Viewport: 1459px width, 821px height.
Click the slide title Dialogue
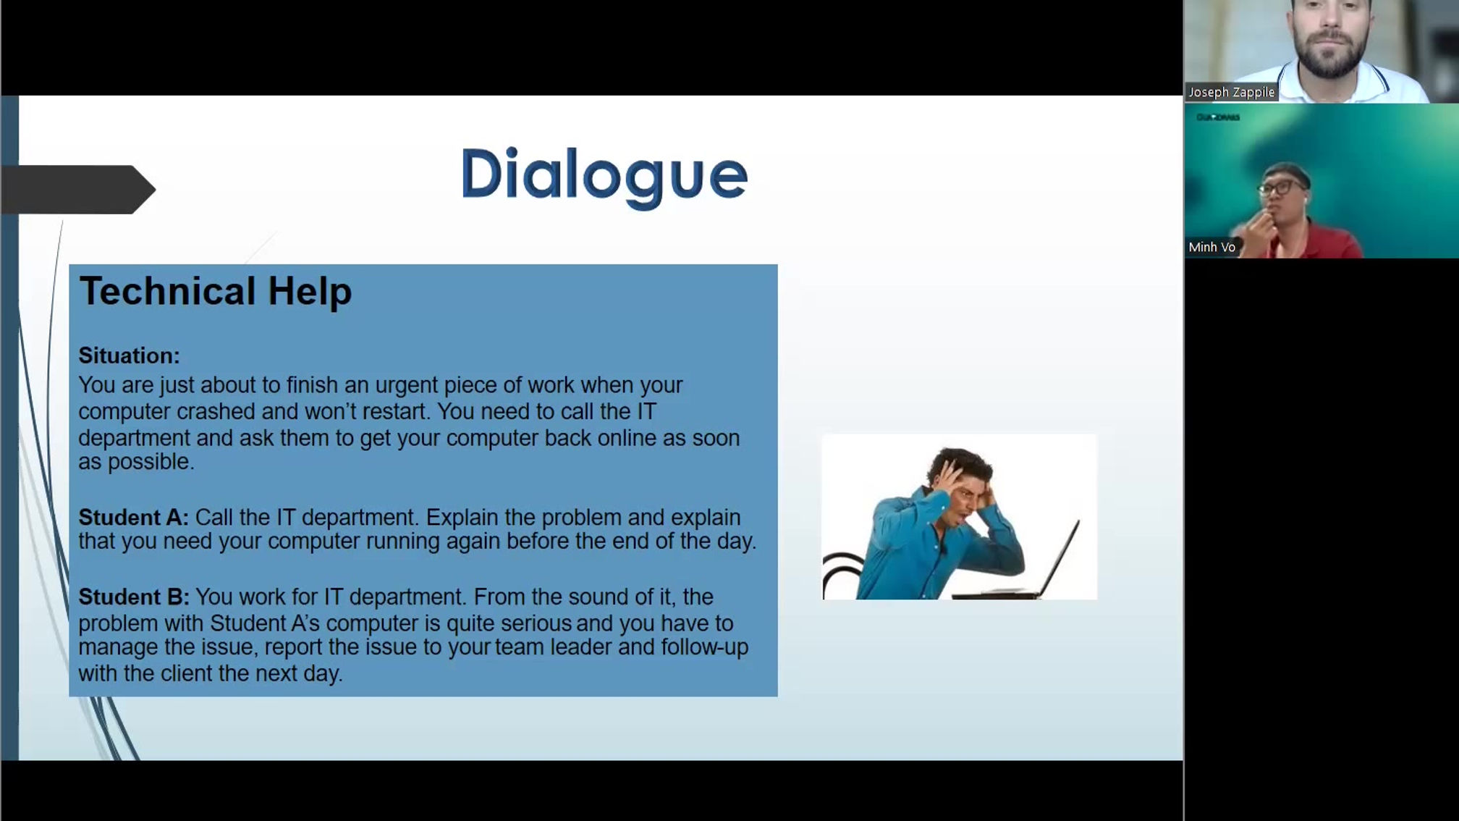pyautogui.click(x=604, y=174)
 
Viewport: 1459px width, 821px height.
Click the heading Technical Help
pyautogui.click(x=216, y=291)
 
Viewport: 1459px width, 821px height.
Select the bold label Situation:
pyautogui.click(x=129, y=355)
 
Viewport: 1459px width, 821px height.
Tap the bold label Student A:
pyautogui.click(x=133, y=517)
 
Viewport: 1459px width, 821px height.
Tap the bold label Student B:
pyautogui.click(x=134, y=597)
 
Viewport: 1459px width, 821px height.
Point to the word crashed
pyautogui.click(x=216, y=411)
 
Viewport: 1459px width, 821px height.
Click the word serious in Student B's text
pyautogui.click(x=536, y=623)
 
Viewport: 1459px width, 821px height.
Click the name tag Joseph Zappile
pyautogui.click(x=1231, y=92)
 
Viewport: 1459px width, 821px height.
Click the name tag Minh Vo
pyautogui.click(x=1211, y=247)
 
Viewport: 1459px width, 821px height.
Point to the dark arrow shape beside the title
pyautogui.click(x=80, y=190)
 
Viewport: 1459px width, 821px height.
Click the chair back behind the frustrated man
pyautogui.click(x=843, y=572)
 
